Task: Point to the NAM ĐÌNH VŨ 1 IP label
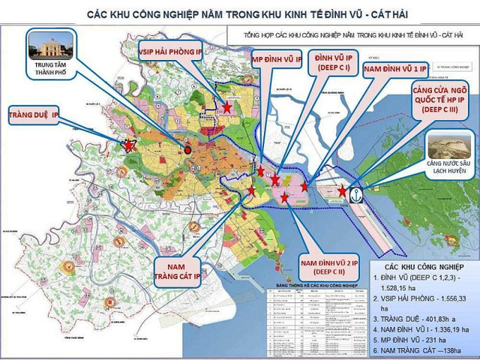click(x=394, y=68)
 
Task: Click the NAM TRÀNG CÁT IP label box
click(x=178, y=268)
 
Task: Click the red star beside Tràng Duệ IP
click(x=129, y=144)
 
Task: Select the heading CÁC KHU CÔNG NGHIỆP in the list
click(x=424, y=267)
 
